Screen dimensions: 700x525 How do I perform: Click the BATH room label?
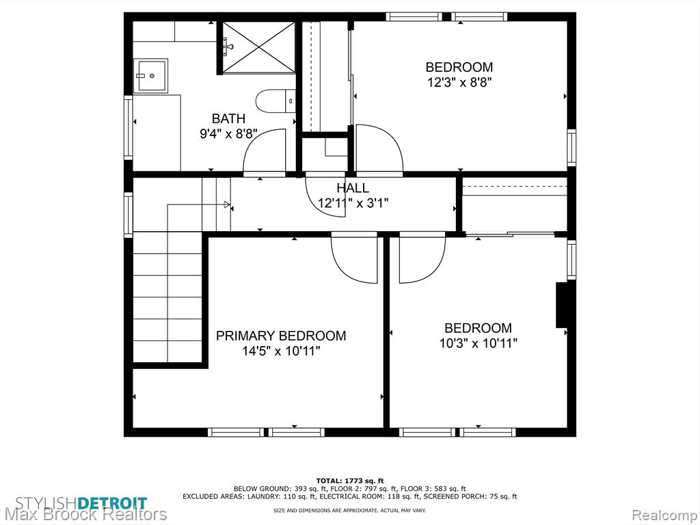(228, 119)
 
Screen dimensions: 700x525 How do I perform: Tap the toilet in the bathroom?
(275, 102)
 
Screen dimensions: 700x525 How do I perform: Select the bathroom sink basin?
(150, 75)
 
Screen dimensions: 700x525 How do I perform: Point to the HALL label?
(353, 188)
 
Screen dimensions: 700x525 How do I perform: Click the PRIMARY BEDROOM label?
(281, 336)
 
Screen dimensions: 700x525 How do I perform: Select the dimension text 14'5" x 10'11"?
(281, 351)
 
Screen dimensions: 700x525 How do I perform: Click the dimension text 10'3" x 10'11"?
(478, 343)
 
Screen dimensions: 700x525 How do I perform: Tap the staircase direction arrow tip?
(230, 204)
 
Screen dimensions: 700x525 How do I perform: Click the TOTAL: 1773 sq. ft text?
(350, 481)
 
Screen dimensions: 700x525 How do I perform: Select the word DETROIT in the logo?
(112, 502)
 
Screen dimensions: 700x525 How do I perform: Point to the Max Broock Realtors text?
(85, 515)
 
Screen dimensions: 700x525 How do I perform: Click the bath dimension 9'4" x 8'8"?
(228, 134)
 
